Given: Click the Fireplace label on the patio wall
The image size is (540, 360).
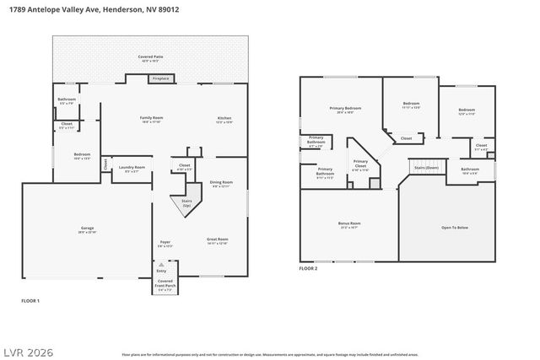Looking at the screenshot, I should (160, 79).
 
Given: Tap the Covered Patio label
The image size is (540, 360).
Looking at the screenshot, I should (151, 58).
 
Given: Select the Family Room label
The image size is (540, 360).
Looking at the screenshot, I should (151, 119).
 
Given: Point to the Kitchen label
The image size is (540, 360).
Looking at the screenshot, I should (225, 119).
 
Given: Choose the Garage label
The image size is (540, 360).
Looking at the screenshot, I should (87, 229).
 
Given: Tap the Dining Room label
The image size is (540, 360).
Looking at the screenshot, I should (221, 184).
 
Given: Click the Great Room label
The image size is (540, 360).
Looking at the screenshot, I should (218, 240).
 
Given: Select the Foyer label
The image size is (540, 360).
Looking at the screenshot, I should (165, 244).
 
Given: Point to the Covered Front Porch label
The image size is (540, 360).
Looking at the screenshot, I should (165, 285).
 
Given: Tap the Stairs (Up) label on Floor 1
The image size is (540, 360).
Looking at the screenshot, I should (186, 204).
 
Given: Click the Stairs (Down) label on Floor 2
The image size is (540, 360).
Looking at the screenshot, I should (426, 168).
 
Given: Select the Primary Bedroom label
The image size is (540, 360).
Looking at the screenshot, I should (345, 110).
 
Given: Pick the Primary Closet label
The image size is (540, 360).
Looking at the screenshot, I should (360, 164).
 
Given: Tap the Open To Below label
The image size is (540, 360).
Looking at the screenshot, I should (455, 228).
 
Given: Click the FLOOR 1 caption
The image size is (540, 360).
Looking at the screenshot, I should (30, 301).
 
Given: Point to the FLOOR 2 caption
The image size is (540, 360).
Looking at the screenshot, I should (308, 268).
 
